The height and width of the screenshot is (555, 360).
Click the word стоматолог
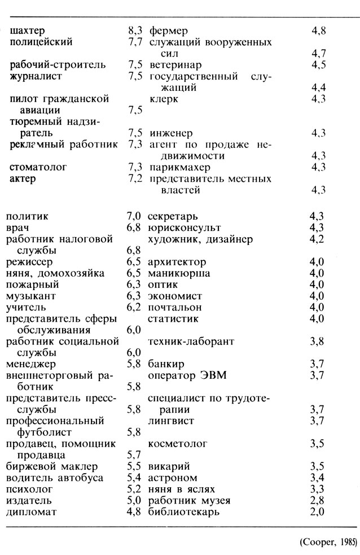39,167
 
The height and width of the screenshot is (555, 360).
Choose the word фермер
169,30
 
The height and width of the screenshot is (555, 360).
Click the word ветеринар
175,65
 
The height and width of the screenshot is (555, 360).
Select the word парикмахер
180,167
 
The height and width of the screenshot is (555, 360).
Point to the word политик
27,216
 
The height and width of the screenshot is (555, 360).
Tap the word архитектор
177,262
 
